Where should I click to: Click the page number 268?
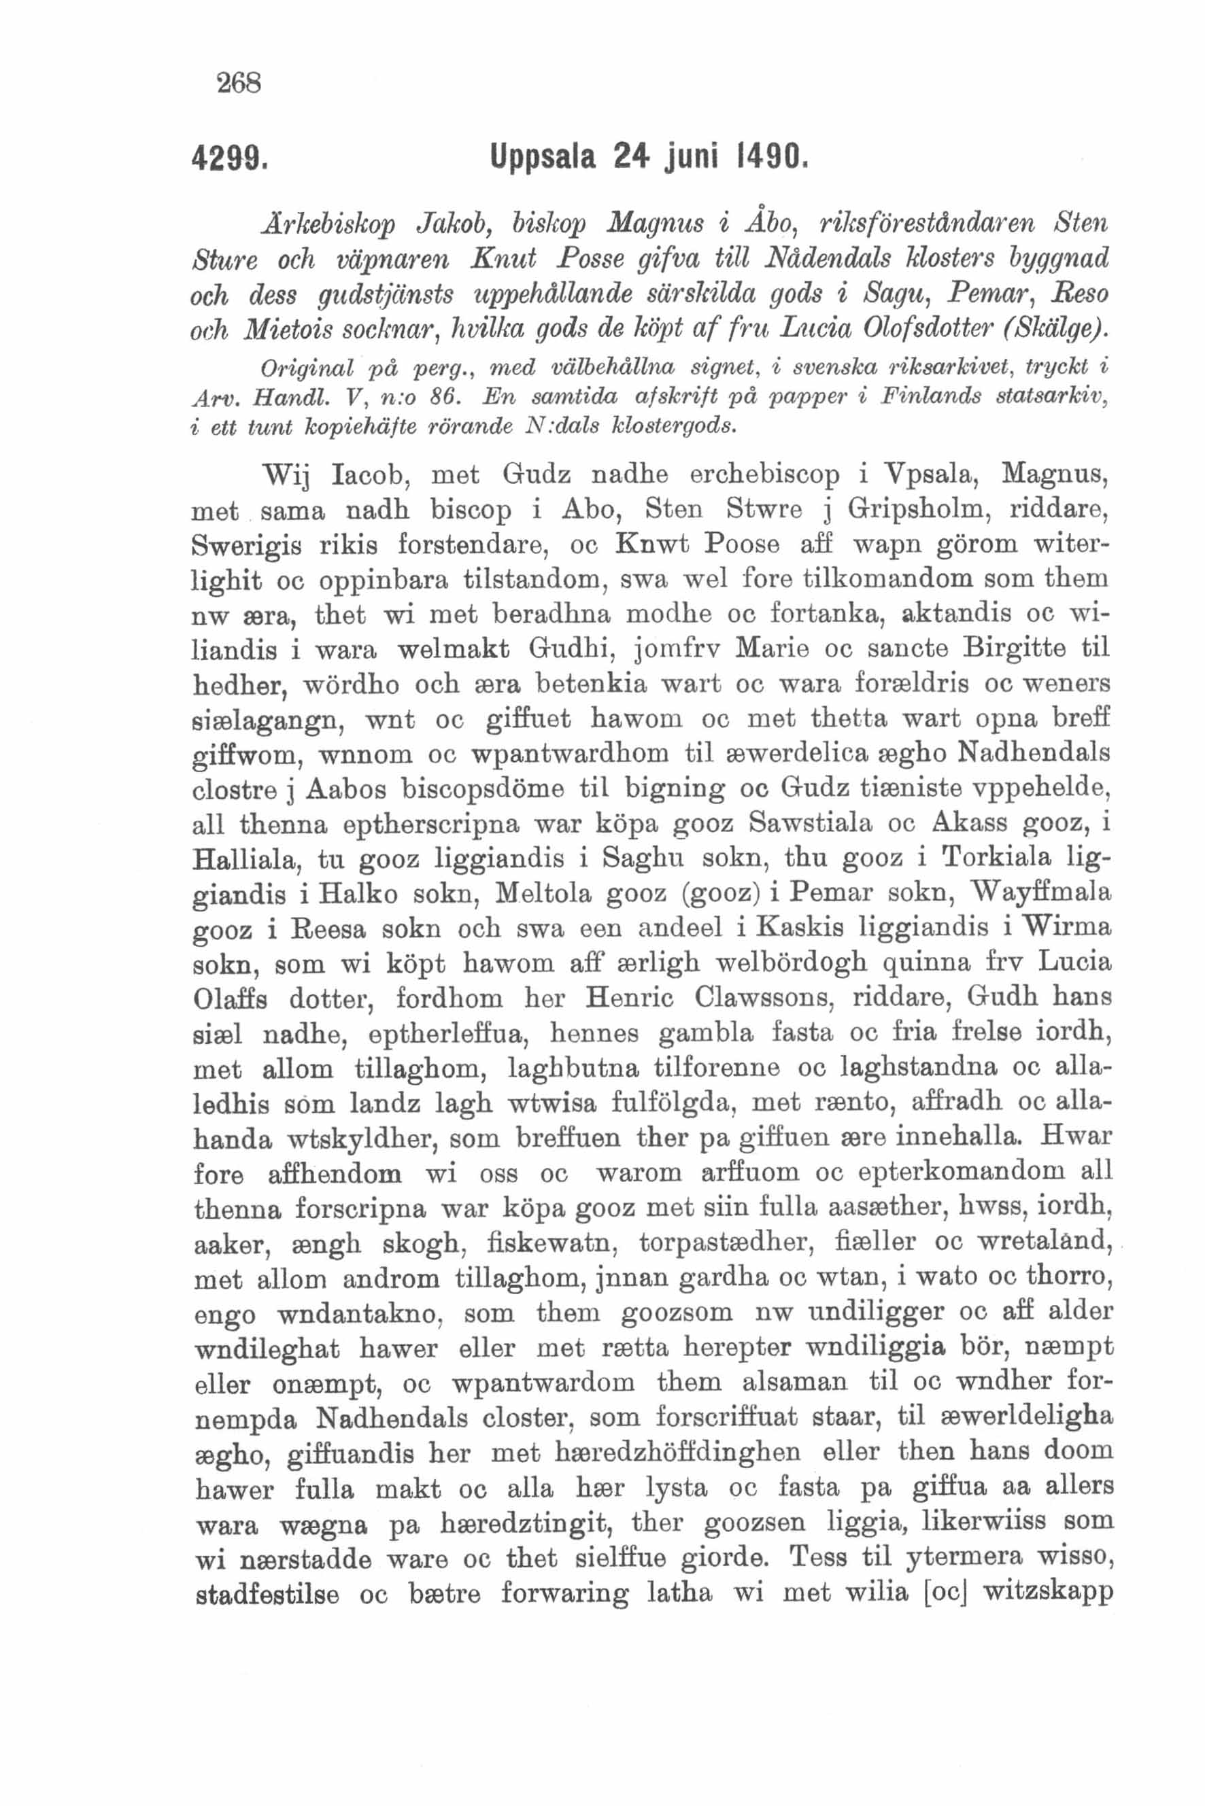coord(240,82)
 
